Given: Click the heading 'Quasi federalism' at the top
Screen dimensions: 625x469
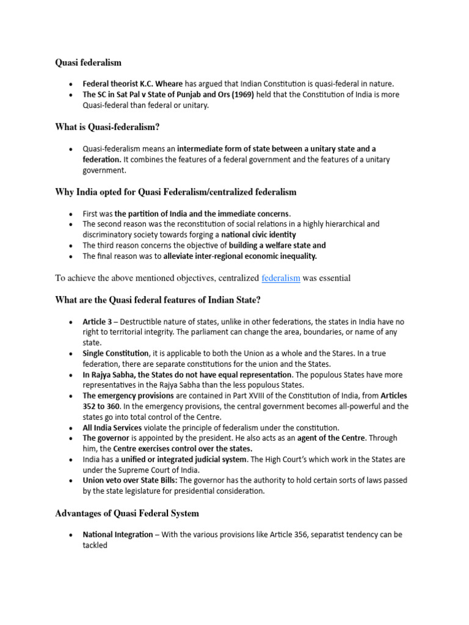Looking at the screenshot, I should click(88, 62).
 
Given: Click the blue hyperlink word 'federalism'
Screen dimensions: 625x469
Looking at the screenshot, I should click(281, 278).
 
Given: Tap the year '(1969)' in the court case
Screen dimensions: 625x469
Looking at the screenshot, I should click(238, 95).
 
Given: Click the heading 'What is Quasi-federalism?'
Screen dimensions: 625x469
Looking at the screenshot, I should click(111, 127).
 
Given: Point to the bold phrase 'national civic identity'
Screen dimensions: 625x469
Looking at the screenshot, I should click(258, 234).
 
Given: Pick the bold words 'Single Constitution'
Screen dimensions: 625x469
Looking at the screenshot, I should click(116, 353).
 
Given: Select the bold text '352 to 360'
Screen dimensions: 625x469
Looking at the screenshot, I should click(104, 406).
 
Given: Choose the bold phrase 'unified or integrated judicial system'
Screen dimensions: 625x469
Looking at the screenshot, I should click(195, 459).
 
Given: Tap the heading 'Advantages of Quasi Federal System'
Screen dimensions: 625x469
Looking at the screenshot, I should click(126, 513).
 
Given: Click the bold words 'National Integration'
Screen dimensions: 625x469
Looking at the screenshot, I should click(118, 535).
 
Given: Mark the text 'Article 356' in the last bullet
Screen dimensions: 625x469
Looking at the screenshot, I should click(272, 535).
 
